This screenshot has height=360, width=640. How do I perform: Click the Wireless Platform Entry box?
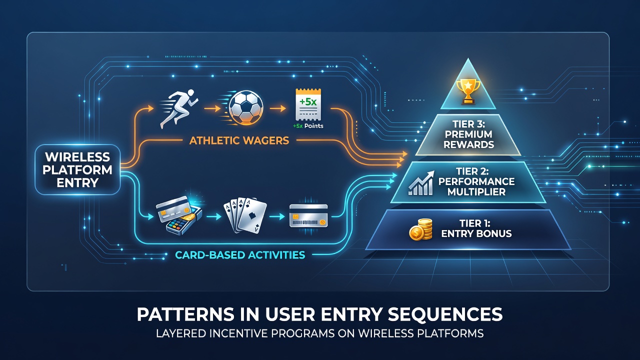pos(77,169)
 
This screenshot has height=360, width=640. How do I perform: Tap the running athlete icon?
pos(179,108)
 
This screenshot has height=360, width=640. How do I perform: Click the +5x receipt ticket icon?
pos(308,104)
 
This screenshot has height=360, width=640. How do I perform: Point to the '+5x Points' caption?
pos(308,125)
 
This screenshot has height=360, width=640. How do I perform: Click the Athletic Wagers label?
pos(239,140)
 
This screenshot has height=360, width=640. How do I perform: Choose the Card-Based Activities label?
pos(240,255)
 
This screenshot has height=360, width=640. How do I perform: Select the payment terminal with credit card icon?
pos(179,215)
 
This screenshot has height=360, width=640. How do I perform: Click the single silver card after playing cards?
pos(308,215)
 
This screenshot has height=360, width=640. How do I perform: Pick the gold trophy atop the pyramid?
pos(468,91)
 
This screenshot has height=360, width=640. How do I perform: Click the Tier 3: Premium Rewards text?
pos(468,134)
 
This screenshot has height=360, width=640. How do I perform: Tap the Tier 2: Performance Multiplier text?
pos(476,181)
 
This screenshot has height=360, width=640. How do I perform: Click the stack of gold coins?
pos(421,229)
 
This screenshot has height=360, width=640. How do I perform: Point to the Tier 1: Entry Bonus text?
pos(476,228)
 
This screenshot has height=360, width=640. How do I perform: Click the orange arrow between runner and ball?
pos(211,108)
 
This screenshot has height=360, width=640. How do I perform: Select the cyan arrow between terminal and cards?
pos(213,216)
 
